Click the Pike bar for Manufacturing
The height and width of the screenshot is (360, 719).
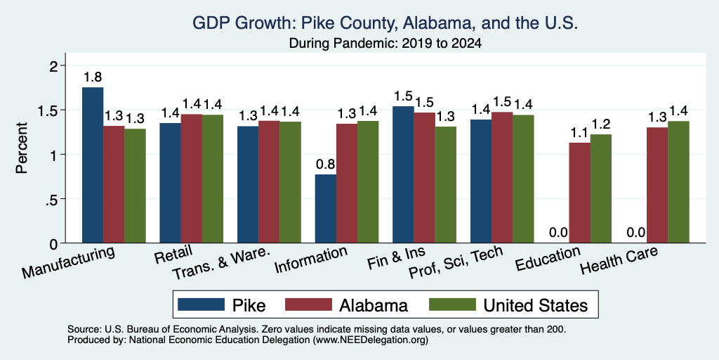tap(93, 165)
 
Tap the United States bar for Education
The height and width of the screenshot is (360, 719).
tap(601, 188)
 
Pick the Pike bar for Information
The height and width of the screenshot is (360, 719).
tap(326, 208)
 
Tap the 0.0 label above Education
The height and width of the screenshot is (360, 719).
tap(558, 232)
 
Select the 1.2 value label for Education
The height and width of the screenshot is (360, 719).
tap(601, 124)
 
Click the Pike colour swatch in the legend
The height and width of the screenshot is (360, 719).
tap(202, 304)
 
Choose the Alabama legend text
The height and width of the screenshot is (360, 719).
tap(374, 305)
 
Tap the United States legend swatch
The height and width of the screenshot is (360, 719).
tap(451, 304)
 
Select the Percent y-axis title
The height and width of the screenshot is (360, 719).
tap(22, 148)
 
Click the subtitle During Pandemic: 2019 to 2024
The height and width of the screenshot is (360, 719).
tap(385, 44)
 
